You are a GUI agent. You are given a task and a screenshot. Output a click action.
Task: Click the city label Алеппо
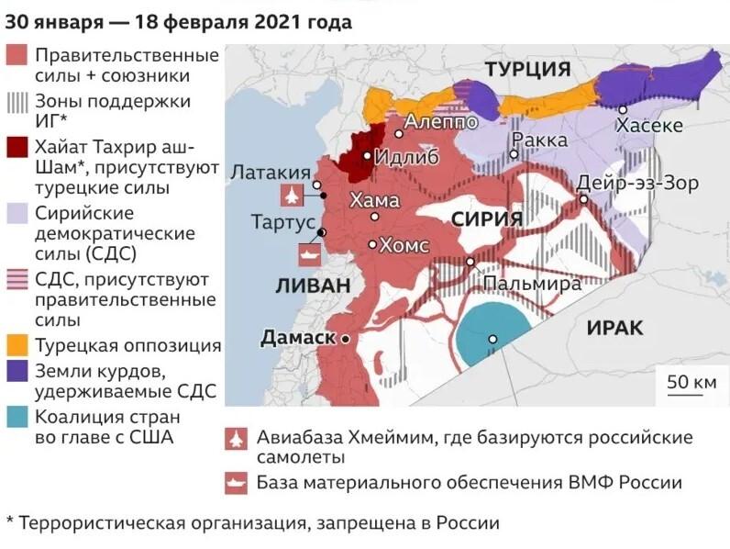[441, 120]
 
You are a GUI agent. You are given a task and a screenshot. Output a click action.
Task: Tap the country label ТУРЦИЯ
[527, 70]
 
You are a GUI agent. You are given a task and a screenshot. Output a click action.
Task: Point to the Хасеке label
[649, 126]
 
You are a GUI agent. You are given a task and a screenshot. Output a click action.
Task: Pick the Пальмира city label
[532, 284]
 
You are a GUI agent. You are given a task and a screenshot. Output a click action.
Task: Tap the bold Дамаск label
[298, 338]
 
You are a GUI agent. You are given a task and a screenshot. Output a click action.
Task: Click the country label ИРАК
[615, 328]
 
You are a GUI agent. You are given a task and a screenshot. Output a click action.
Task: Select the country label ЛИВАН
[313, 286]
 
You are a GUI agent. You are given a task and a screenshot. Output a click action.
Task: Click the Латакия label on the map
[270, 172]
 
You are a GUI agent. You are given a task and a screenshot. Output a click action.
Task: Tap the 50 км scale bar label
[691, 381]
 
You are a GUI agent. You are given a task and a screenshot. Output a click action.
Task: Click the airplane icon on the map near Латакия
[292, 196]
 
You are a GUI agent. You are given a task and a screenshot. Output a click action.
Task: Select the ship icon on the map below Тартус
[306, 253]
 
